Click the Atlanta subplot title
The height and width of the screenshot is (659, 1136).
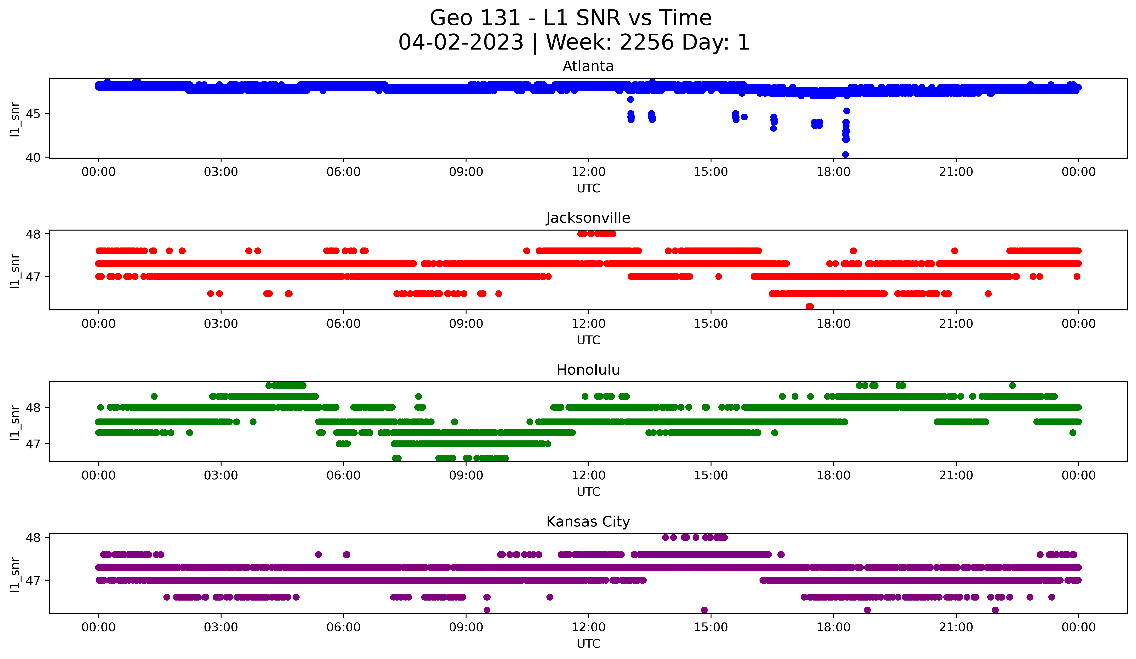[588, 66]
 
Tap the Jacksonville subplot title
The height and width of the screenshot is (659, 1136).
[588, 218]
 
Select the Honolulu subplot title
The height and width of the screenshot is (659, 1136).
[588, 370]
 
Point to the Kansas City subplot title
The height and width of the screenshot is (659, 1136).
[588, 522]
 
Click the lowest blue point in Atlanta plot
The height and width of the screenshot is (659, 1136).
[845, 154]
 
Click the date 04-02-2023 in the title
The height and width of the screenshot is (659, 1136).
[461, 42]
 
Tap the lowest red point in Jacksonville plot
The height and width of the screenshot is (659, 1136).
[810, 306]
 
